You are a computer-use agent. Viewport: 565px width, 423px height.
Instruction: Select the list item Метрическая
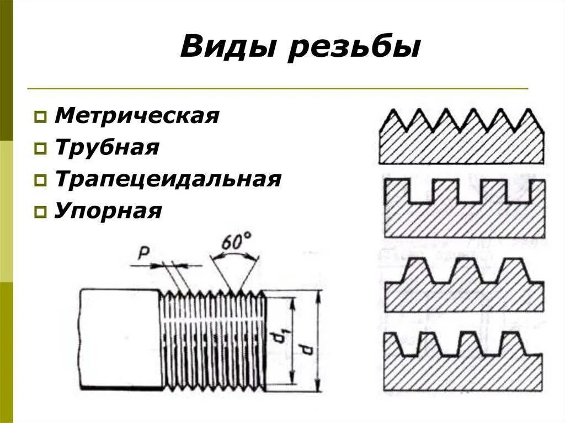(x=137, y=116)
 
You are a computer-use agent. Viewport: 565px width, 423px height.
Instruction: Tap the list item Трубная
(x=107, y=148)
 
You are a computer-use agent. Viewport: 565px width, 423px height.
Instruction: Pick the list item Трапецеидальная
(x=168, y=180)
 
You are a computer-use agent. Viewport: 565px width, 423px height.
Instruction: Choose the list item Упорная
(x=108, y=211)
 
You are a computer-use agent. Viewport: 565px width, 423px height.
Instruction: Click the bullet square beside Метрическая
(x=40, y=117)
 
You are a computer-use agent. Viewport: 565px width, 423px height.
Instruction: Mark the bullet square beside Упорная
(x=40, y=212)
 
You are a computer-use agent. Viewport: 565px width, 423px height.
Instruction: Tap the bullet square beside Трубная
(x=40, y=149)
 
